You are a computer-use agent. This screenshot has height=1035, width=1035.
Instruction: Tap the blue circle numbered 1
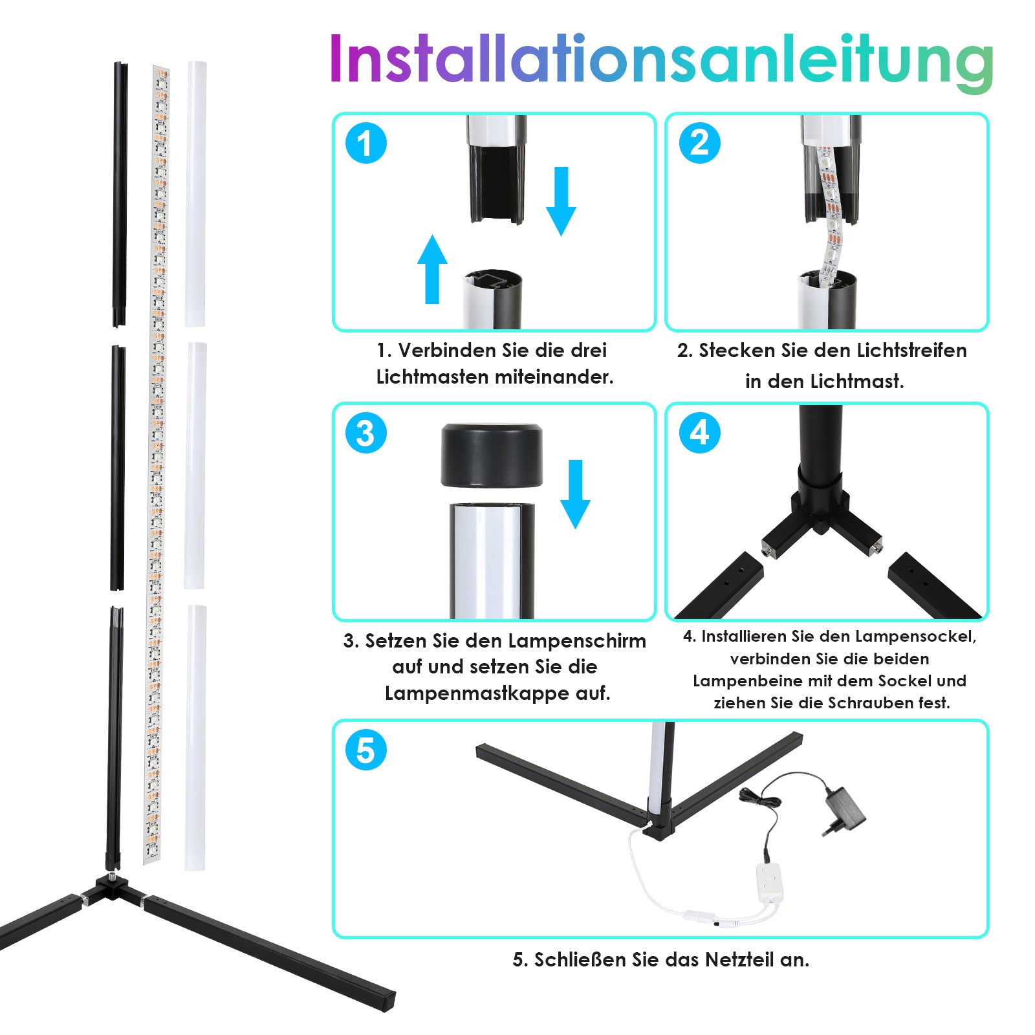point(365,143)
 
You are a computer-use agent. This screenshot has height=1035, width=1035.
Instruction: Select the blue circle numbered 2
point(699,143)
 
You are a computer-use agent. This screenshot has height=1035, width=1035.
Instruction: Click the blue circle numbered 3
point(365,433)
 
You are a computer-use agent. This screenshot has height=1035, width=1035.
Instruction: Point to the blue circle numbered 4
point(699,433)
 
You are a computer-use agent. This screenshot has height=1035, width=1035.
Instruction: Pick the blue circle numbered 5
point(365,750)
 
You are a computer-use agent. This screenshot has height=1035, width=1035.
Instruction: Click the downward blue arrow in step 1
point(561,201)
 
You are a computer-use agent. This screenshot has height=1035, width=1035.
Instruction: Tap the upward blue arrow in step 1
point(432,269)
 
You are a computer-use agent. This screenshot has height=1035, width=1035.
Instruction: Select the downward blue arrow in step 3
point(575,494)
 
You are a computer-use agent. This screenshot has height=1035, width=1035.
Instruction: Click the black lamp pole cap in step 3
point(492,455)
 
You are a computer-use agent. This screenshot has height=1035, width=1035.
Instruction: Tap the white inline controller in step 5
point(769,881)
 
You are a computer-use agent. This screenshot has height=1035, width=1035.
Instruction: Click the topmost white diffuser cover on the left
point(195,193)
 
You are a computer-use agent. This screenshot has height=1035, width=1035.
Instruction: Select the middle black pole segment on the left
point(118,468)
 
